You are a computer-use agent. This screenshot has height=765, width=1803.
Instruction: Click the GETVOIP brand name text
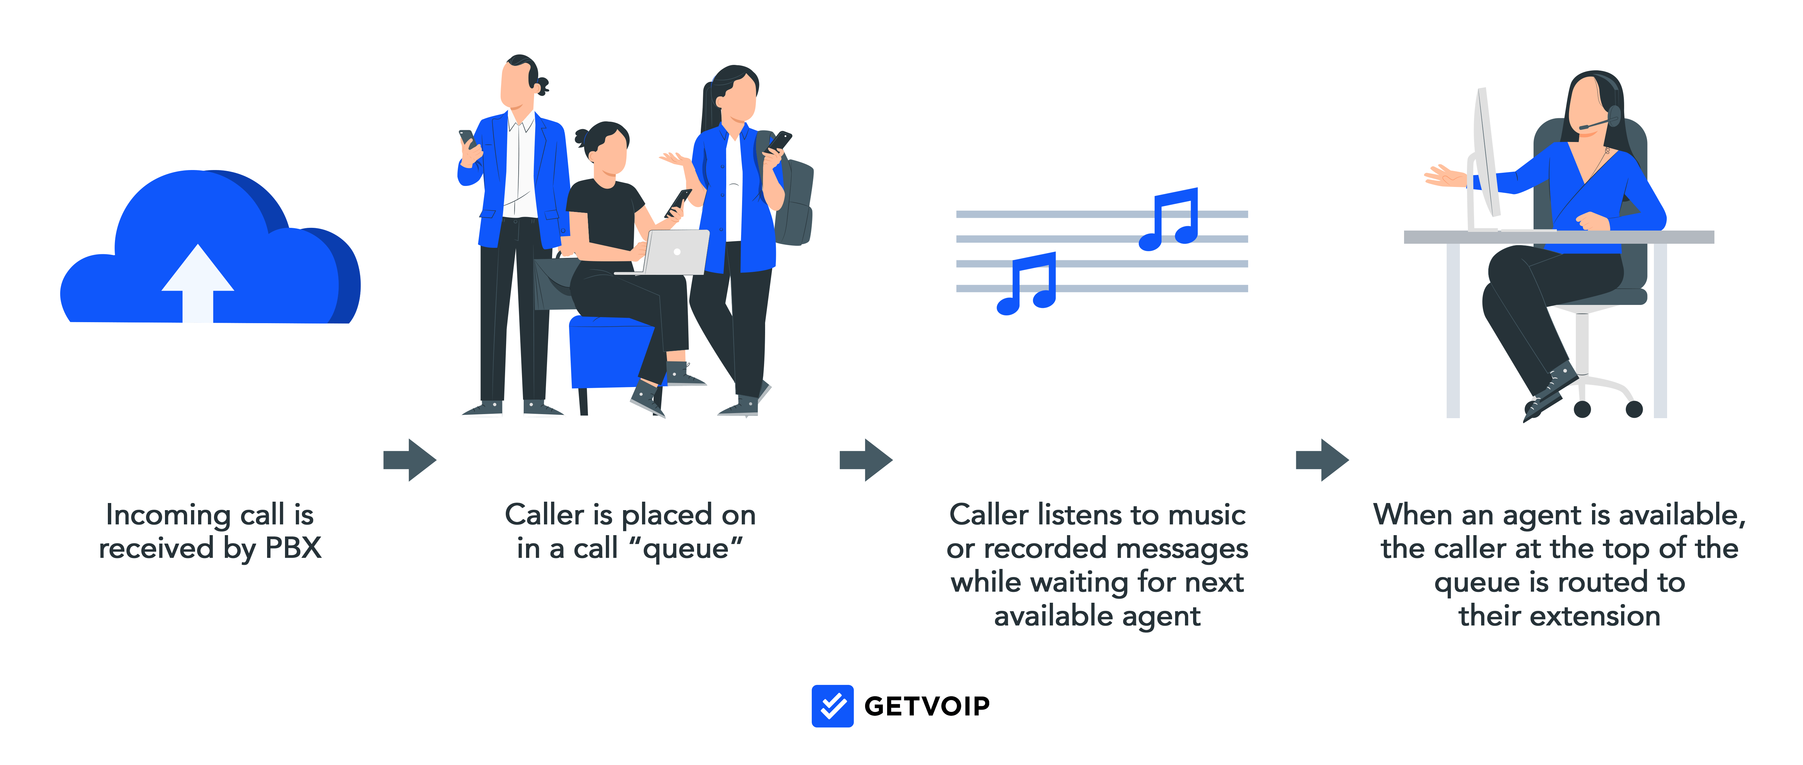coord(927,706)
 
